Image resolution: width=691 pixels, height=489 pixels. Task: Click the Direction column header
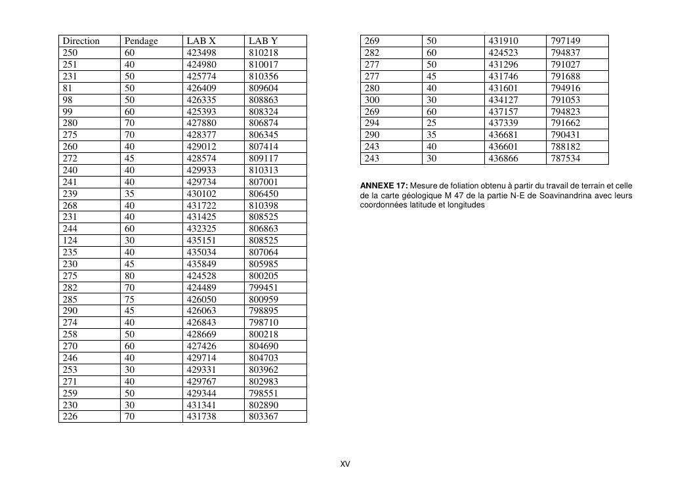click(81, 41)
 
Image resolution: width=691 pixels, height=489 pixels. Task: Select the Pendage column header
click(141, 41)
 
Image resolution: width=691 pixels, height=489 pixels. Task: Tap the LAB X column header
click(201, 41)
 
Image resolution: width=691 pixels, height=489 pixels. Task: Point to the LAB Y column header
click(264, 41)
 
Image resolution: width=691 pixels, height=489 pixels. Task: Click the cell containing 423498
click(201, 53)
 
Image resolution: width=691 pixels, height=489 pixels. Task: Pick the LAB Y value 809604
click(264, 88)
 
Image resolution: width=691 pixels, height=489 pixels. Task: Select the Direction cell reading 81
click(68, 88)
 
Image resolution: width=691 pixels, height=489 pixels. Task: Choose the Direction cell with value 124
click(70, 240)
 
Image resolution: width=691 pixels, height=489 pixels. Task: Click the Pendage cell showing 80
click(130, 276)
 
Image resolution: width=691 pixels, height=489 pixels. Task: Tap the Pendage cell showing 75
click(130, 299)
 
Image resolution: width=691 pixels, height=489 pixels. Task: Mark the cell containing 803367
click(264, 416)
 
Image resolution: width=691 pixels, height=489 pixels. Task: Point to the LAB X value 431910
click(503, 41)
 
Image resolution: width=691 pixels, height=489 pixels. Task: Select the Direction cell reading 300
click(372, 100)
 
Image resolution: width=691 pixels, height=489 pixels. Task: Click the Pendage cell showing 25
click(432, 123)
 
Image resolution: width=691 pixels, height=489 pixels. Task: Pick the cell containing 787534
click(566, 158)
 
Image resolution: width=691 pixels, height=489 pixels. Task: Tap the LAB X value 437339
click(503, 123)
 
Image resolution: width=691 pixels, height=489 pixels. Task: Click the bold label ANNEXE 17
click(384, 186)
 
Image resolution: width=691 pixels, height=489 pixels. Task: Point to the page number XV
click(345, 464)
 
